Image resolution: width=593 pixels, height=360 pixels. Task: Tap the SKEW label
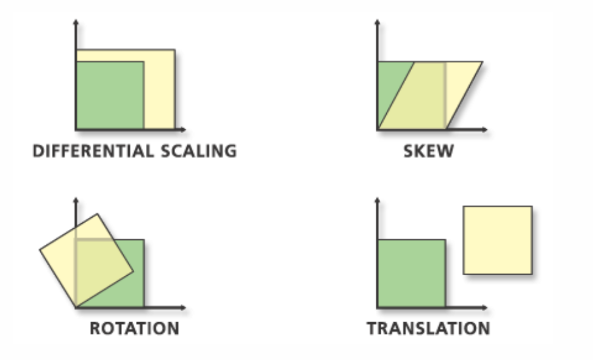click(x=429, y=151)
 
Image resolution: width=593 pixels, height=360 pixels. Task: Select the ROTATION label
click(x=134, y=328)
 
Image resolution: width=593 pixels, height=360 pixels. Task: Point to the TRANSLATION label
click(x=428, y=328)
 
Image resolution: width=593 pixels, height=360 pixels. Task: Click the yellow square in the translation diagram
click(x=497, y=240)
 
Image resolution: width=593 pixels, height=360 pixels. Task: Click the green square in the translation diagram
click(x=411, y=273)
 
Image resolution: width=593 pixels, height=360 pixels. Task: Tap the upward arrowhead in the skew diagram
click(x=378, y=23)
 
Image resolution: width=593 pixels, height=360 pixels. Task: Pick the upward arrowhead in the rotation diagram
click(x=76, y=200)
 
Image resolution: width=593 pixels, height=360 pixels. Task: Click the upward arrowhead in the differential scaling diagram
click(x=76, y=23)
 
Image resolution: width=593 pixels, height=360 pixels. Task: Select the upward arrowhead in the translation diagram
click(x=378, y=200)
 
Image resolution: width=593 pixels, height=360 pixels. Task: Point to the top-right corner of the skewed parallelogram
click(x=483, y=62)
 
